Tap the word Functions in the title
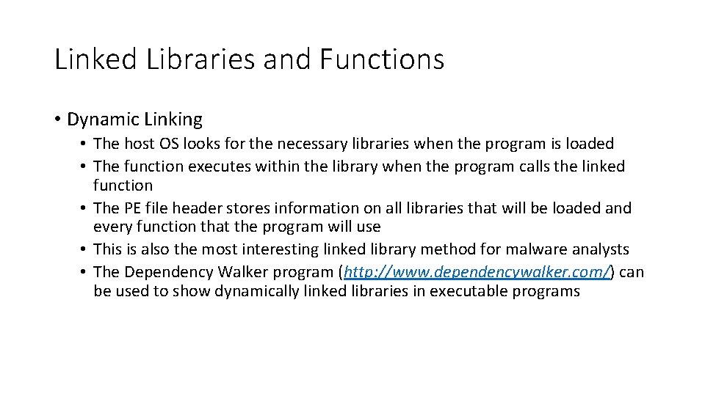(x=382, y=59)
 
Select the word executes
(x=220, y=166)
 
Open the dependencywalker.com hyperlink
(x=477, y=272)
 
